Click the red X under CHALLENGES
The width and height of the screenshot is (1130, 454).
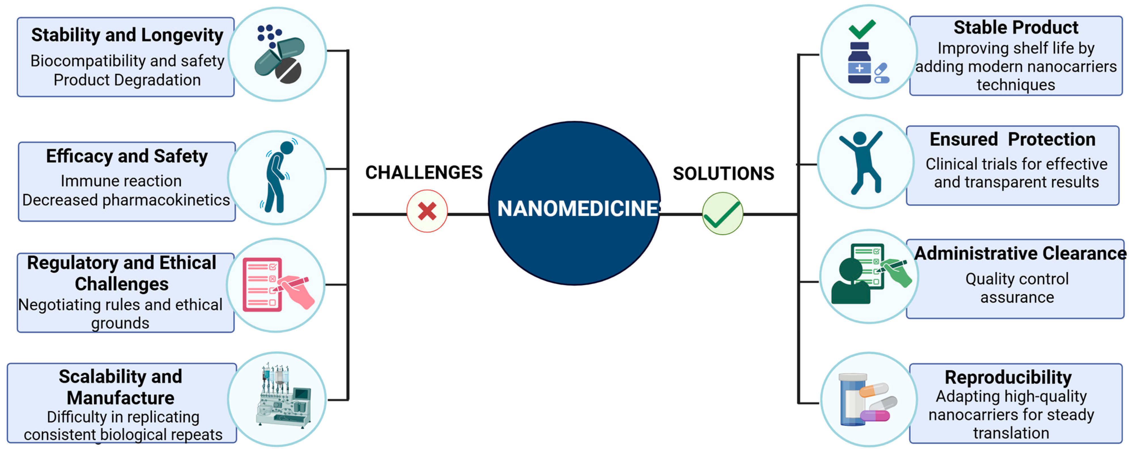(427, 211)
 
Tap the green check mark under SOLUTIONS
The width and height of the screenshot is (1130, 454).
(723, 214)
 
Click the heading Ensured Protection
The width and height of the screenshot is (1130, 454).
(1012, 139)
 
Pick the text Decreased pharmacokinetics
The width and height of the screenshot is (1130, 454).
(126, 200)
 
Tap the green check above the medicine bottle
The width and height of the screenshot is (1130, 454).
(862, 29)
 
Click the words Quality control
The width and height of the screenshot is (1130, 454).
(1017, 279)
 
